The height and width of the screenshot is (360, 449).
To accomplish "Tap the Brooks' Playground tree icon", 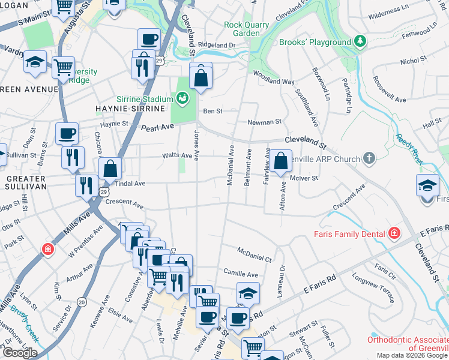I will (360, 41).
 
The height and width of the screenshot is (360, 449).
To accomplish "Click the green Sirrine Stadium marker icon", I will (182, 97).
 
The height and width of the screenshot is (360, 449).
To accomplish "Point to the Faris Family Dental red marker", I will (394, 233).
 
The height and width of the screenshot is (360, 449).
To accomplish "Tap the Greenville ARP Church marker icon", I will (369, 158).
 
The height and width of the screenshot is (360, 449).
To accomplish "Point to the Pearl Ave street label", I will (157, 127).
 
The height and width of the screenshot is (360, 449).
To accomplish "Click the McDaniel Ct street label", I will (255, 253).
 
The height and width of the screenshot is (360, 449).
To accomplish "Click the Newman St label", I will (265, 122).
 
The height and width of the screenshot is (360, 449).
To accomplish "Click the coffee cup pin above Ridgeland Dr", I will (149, 40).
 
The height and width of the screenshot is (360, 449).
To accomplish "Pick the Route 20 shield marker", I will (82, 301).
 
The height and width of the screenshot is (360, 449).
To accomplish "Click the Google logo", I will (20, 353).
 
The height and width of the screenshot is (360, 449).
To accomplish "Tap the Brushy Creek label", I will (24, 327).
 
